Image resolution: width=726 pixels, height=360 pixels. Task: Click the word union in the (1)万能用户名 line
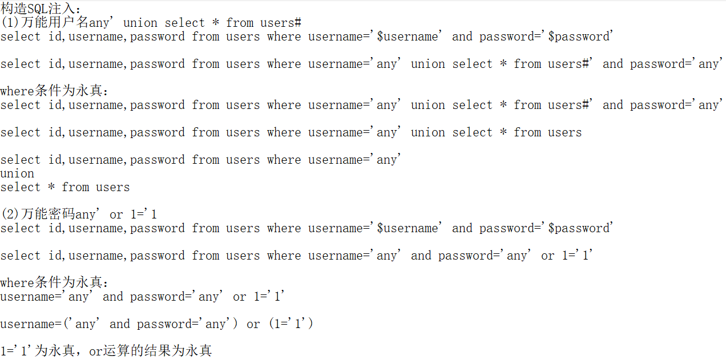(x=140, y=23)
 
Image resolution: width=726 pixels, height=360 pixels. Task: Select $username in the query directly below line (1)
(x=408, y=37)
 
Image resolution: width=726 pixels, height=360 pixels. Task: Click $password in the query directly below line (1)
(x=579, y=37)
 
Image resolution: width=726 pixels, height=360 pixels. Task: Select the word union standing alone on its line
(x=17, y=173)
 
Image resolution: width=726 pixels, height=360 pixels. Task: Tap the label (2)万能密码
(x=38, y=215)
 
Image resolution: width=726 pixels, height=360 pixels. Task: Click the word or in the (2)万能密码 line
(x=116, y=215)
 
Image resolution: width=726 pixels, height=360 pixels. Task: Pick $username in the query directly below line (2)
(x=408, y=228)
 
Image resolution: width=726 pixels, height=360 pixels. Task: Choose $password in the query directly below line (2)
(x=579, y=228)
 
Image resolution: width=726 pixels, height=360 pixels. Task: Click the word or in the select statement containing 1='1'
(x=548, y=256)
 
